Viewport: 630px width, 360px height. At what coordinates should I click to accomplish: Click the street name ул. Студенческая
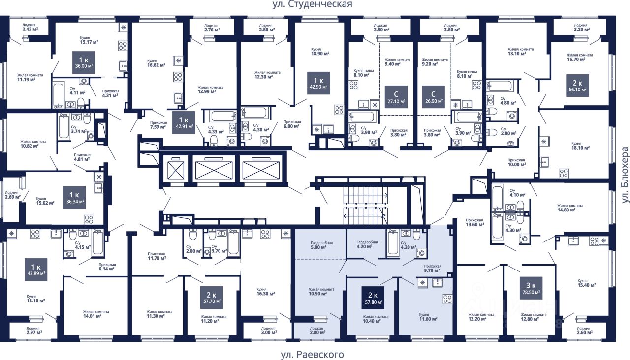312,4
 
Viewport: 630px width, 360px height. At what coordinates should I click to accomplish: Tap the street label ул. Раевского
312,355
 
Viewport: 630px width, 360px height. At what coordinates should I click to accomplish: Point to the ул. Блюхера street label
625,175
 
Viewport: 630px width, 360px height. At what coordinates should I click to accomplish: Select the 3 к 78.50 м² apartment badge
531,288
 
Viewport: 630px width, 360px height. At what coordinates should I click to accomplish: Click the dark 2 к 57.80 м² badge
373,298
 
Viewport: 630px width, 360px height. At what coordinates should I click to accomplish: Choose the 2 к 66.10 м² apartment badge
577,86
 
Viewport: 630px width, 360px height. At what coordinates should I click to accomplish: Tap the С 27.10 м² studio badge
396,97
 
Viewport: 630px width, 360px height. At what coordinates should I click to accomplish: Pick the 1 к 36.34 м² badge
74,197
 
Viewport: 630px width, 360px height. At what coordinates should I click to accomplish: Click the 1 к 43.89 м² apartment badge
36,270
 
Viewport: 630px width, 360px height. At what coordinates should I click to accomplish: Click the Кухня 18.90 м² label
320,51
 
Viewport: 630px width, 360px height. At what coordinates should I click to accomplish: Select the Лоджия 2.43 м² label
30,27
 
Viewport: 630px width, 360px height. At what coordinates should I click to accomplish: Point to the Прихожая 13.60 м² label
475,222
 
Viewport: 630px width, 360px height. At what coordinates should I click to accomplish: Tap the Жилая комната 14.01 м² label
96,314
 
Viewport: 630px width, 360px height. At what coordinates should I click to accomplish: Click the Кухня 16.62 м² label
156,63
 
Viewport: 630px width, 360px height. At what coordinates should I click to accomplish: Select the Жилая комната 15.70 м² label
580,57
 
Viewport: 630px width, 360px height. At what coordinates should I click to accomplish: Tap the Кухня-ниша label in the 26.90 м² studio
467,74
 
